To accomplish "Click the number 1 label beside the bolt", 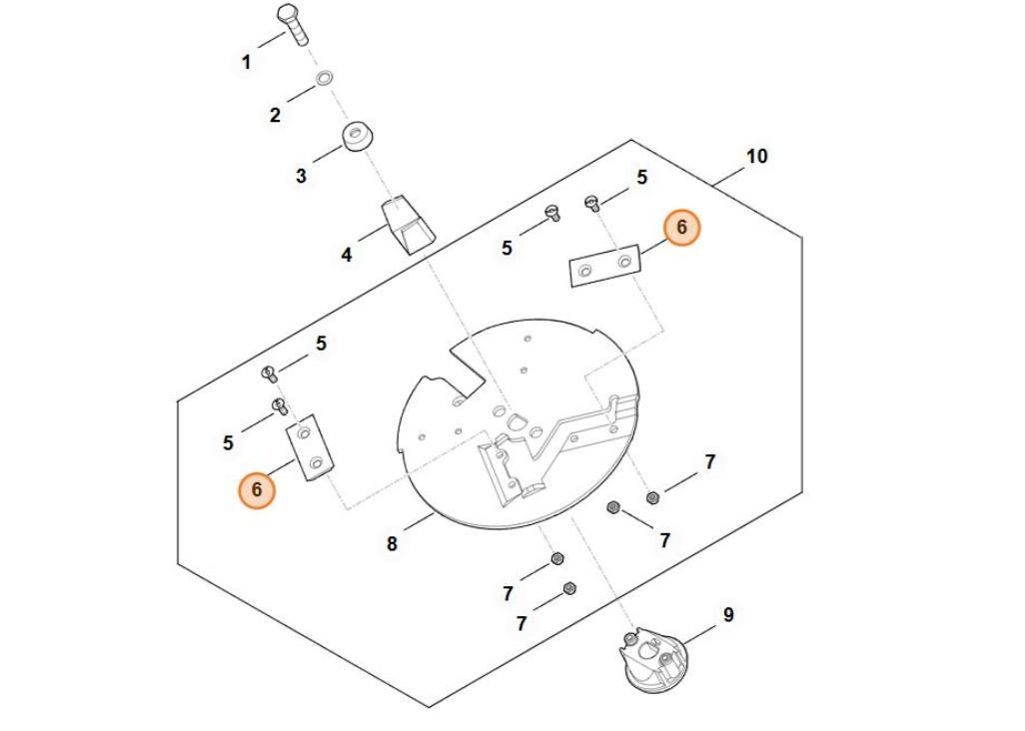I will (247, 62).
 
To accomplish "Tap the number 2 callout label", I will (275, 115).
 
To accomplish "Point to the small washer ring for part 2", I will (325, 77).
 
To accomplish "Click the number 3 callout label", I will (301, 176).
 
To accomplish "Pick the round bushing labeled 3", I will (357, 136).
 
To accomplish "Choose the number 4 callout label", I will (347, 255).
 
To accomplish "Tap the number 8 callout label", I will (392, 544).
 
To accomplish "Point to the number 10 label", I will (757, 157).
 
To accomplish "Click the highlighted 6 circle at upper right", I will (682, 228).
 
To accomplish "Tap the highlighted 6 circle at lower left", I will (257, 490).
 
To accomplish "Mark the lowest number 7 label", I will (521, 623).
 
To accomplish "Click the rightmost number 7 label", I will (710, 462).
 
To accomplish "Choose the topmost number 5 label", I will (641, 178).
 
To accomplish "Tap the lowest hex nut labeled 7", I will (570, 588).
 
